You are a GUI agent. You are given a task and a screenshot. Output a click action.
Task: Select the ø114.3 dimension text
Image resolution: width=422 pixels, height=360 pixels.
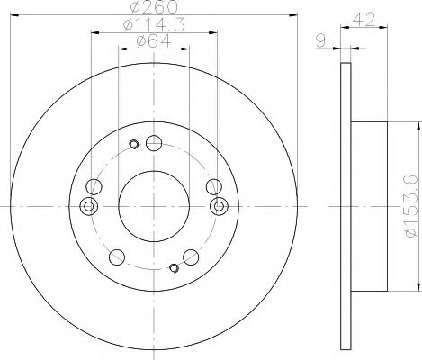pos(152,26)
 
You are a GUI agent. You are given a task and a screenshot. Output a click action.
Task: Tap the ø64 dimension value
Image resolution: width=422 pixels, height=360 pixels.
pos(153,43)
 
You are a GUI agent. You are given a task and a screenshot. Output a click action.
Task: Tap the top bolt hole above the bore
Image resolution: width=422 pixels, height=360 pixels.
pos(153,142)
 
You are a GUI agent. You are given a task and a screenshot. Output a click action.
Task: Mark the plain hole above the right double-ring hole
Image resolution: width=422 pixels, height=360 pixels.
pos(212,186)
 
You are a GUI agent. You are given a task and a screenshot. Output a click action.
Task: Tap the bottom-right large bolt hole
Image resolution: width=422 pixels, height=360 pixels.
pos(190,256)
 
